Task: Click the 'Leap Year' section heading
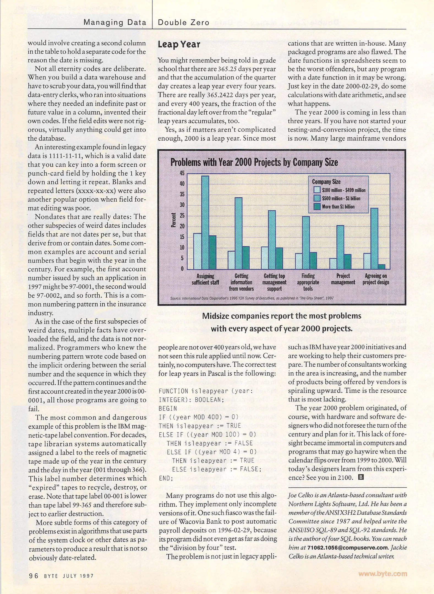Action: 179,45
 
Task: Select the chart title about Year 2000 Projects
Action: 254,163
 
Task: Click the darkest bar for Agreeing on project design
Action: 381,267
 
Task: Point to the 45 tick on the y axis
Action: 182,173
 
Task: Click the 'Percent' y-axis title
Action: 174,220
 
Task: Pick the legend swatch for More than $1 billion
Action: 317,207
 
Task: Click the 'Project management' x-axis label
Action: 343,279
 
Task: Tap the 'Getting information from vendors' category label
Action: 241,282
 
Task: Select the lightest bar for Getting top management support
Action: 264,258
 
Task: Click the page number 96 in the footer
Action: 34,576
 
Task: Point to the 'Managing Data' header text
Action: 115,23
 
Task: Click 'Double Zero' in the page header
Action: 184,23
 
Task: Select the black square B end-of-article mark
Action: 361,477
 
